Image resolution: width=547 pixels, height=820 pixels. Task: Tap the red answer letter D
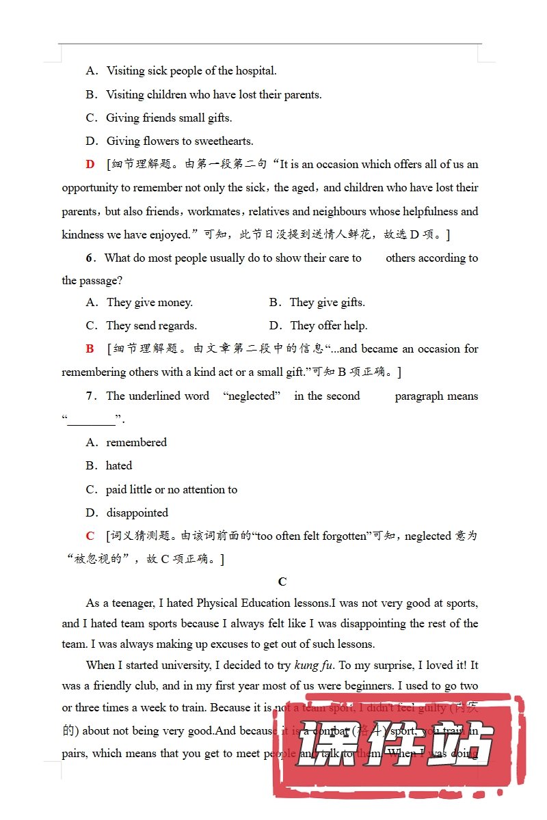tap(90, 165)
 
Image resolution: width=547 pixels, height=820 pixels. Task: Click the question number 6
tap(89, 258)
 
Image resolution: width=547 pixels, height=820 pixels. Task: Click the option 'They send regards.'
tap(151, 326)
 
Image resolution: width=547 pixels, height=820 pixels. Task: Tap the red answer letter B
tap(90, 349)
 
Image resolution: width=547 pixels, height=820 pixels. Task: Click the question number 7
tap(89, 396)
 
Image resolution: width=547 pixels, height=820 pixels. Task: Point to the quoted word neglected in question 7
tap(252, 396)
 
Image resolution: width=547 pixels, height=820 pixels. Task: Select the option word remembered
tap(136, 443)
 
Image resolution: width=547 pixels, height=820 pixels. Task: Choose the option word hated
tap(119, 466)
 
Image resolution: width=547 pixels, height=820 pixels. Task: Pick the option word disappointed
tap(137, 513)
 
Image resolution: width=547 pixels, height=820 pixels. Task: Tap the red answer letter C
tap(90, 536)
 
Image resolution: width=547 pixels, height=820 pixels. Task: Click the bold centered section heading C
tap(282, 582)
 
